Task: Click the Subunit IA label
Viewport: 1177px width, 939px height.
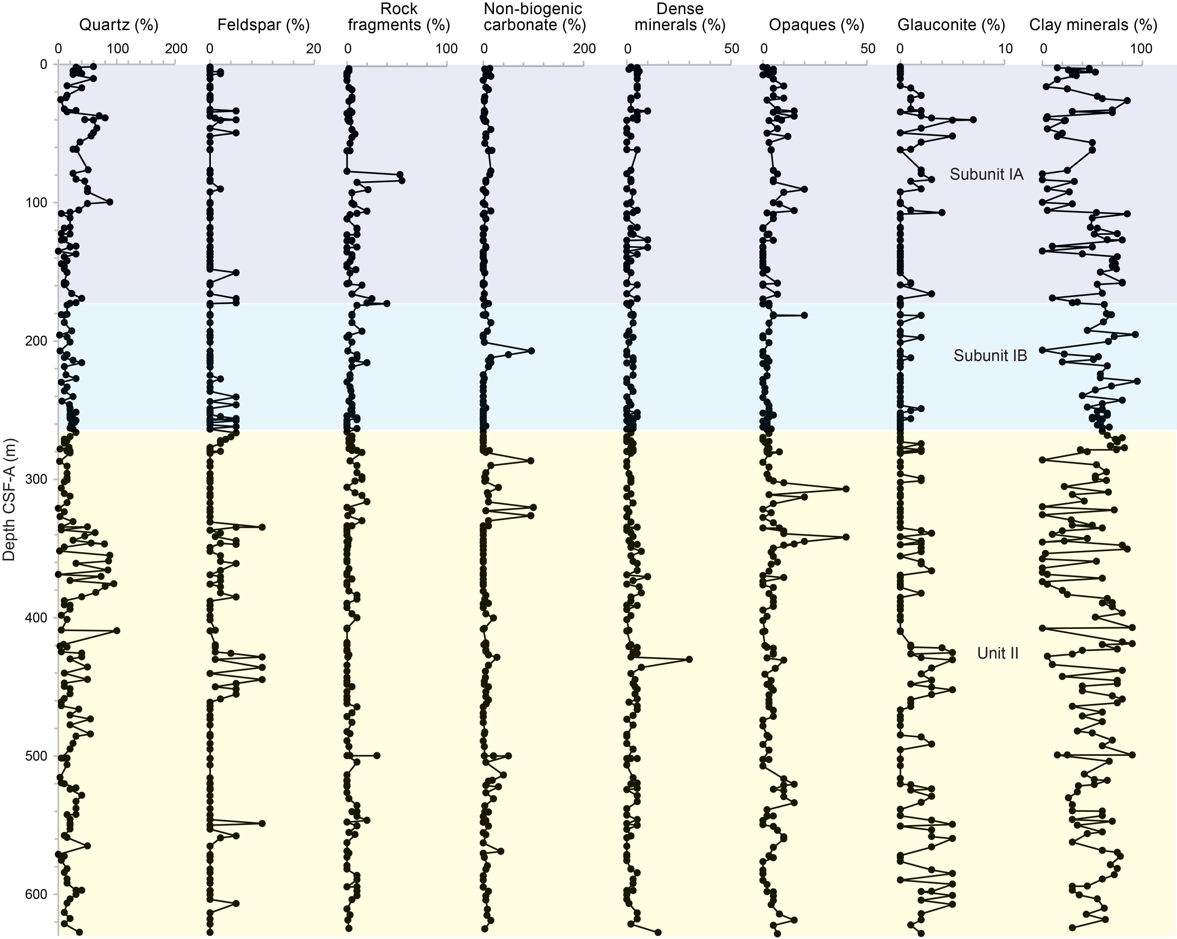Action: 986,174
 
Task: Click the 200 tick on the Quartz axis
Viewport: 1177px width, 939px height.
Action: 176,49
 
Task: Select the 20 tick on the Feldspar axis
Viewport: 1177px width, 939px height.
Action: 313,49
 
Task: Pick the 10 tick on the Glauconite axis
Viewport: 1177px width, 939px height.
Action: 1005,49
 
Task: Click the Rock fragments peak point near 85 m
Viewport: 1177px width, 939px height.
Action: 402,180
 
